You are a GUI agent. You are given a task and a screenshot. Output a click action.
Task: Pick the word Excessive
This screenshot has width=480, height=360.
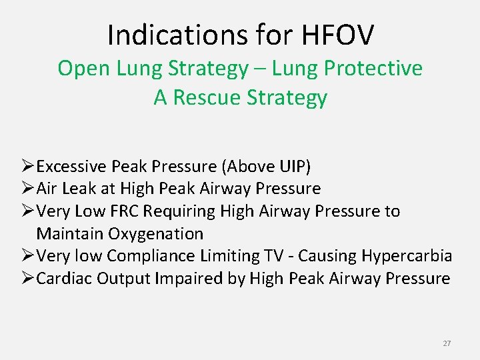[73, 167]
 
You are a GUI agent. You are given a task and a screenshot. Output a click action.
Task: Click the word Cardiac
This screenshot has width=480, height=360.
[64, 278]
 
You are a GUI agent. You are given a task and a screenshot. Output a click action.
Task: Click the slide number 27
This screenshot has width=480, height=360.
[447, 343]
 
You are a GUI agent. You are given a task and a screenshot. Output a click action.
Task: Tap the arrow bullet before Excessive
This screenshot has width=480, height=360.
[28, 167]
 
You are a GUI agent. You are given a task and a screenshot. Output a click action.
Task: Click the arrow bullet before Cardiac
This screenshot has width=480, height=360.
[28, 278]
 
